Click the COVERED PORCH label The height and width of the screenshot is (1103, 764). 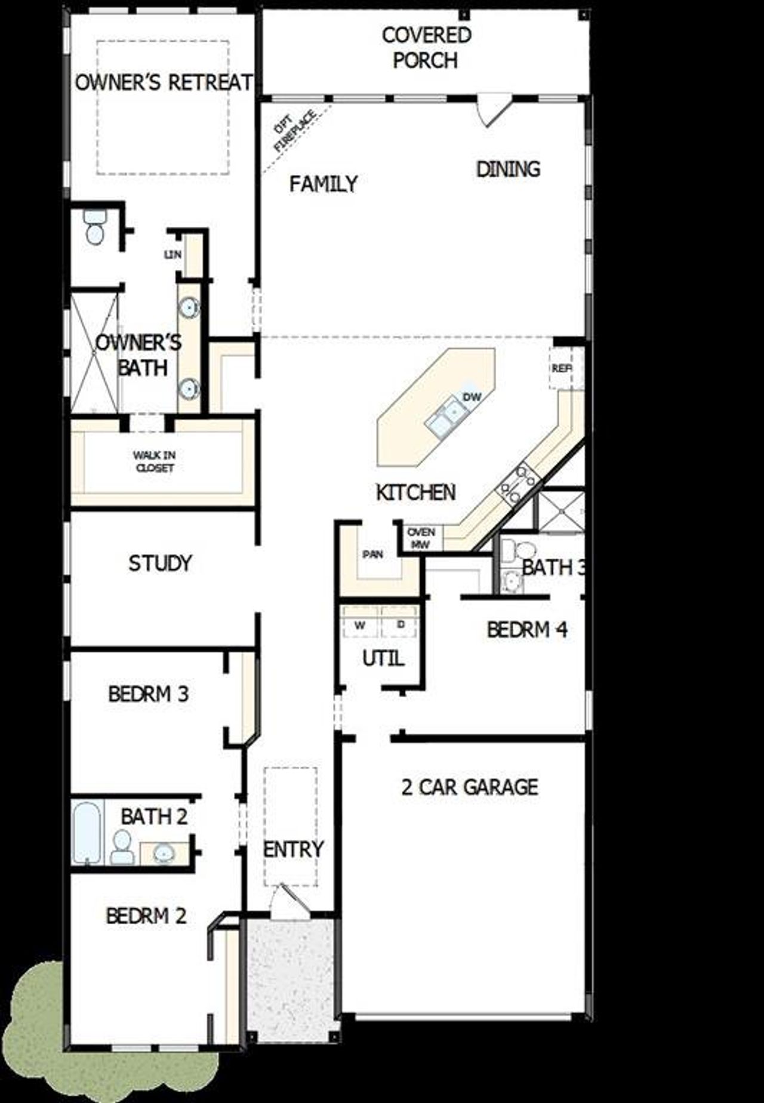coord(426,47)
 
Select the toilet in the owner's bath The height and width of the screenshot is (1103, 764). coord(94,227)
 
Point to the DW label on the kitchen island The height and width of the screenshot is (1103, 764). coord(471,397)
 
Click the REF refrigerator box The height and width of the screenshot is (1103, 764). coord(562,369)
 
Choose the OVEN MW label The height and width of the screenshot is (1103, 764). coord(421,538)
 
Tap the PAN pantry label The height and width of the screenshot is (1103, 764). coord(373,554)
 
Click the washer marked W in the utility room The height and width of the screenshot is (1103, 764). coord(360,625)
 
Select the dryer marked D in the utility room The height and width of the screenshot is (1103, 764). coord(401,625)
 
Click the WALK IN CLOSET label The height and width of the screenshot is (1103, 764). coord(155,461)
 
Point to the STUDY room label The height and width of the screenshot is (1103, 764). coord(160,563)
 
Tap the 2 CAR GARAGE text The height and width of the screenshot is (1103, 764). coord(469,787)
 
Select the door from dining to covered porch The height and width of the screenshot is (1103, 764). coord(493,111)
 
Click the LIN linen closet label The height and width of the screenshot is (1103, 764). coord(172,255)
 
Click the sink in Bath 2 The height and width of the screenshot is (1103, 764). coord(163,855)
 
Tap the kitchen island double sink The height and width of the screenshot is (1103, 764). coord(445,416)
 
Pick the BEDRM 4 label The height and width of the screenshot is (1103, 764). coord(526,629)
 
